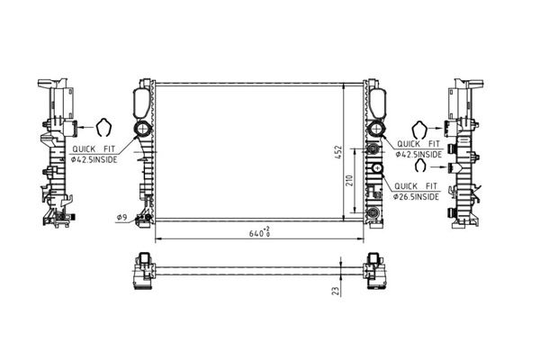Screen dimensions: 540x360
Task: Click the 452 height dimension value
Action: click(x=338, y=152)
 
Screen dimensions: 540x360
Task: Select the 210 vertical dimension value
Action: click(x=349, y=180)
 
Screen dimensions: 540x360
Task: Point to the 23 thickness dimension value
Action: click(x=335, y=291)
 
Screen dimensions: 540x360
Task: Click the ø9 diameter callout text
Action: click(x=121, y=218)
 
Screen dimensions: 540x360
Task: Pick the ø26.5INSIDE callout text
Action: click(x=417, y=197)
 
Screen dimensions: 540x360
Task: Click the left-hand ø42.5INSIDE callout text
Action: click(x=94, y=159)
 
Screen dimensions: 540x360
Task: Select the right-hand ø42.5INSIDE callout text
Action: click(x=418, y=154)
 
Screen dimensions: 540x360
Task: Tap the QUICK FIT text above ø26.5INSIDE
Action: click(x=416, y=186)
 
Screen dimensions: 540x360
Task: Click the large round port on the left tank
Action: click(x=142, y=129)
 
